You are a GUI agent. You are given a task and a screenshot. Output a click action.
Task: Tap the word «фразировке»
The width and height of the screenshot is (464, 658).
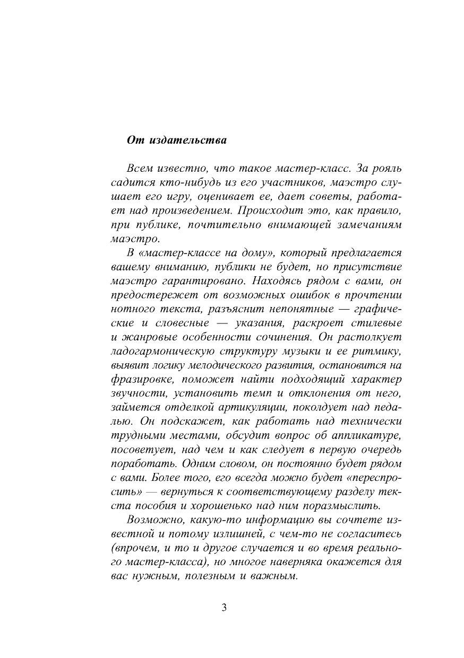pos(141,380)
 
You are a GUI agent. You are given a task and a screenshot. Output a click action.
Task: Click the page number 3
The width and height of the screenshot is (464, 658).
pos(224,608)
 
